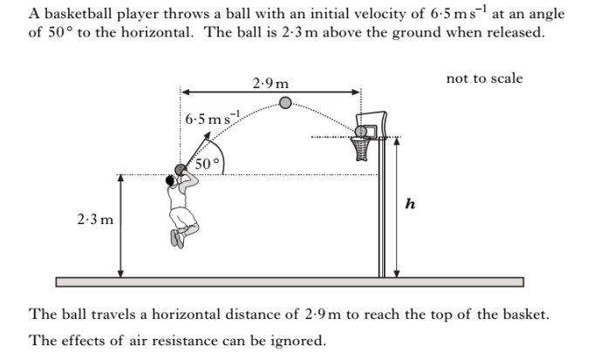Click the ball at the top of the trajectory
point(285,103)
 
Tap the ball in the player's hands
point(181,170)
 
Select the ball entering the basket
point(361,132)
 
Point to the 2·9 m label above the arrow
point(270,83)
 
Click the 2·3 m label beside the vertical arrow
point(95,220)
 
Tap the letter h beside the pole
point(410,204)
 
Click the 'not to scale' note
point(484,78)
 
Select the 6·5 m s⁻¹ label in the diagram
point(212,118)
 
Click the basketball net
point(360,149)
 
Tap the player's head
point(170,180)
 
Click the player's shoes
point(177,239)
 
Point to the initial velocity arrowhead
point(207,135)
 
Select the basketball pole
point(382,207)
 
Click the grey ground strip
point(290,282)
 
